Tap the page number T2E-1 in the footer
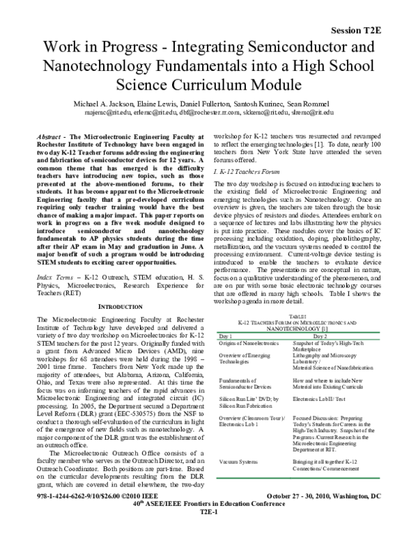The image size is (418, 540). (210, 530)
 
